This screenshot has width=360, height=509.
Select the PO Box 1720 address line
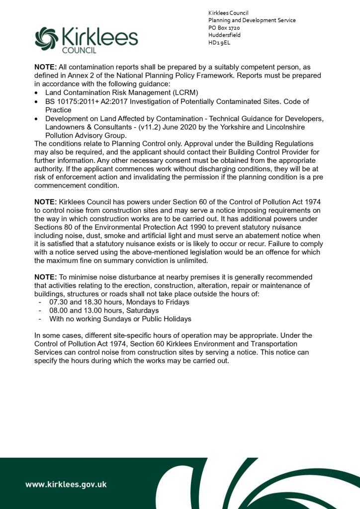pyautogui.click(x=224, y=28)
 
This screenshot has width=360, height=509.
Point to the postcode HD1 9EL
pyautogui.click(x=219, y=43)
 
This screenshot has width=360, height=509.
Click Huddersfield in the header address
pyautogui.click(x=224, y=35)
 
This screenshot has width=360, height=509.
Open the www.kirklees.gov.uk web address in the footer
pyautogui.click(x=66, y=484)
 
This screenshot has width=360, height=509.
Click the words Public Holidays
pyautogui.click(x=167, y=319)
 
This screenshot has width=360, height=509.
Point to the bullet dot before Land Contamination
pyautogui.click(x=37, y=93)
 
